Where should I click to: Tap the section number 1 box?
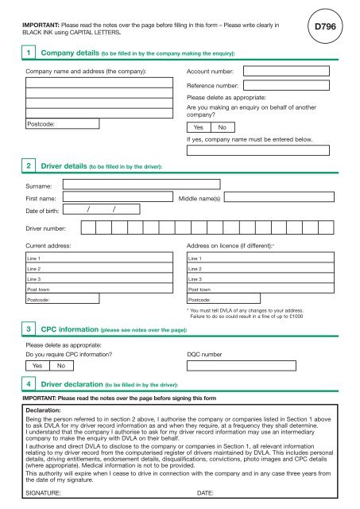click(x=29, y=52)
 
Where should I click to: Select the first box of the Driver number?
click(x=87, y=230)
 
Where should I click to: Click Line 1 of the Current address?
click(x=99, y=259)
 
